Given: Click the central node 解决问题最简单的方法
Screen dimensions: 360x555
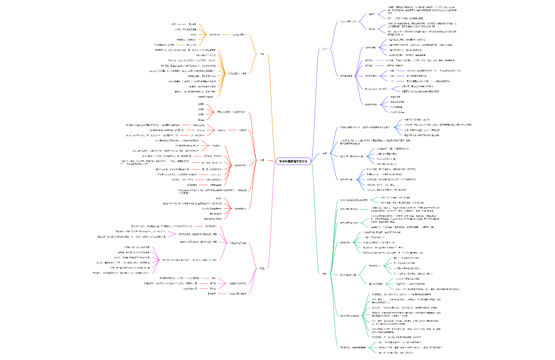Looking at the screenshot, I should [293, 161].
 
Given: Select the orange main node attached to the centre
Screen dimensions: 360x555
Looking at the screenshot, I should [262, 54].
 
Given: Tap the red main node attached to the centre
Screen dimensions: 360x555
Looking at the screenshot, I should [262, 160].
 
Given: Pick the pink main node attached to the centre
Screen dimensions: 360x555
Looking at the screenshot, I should [262, 268].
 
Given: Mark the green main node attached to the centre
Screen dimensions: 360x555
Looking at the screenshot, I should [324, 273].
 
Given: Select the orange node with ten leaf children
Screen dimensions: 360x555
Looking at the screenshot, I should [237, 73].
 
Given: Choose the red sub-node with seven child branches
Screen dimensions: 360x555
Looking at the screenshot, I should [237, 165].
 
